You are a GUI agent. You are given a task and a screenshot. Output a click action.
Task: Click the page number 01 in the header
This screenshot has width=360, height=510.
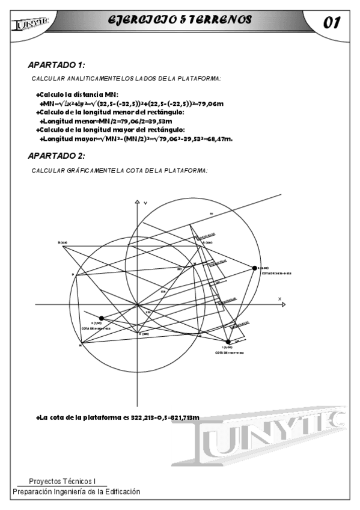coord(332,23)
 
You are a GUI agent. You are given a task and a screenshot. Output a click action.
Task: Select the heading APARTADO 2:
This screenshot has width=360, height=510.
coord(56,156)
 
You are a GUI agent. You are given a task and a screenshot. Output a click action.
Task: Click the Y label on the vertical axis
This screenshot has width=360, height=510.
coord(145,200)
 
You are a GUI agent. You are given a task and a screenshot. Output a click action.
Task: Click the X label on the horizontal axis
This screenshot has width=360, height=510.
coord(279,299)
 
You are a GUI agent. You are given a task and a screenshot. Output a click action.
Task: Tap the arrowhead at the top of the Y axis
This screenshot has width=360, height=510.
coord(138,201)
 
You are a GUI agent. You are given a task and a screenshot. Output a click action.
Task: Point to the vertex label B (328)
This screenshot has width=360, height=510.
coord(63,243)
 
